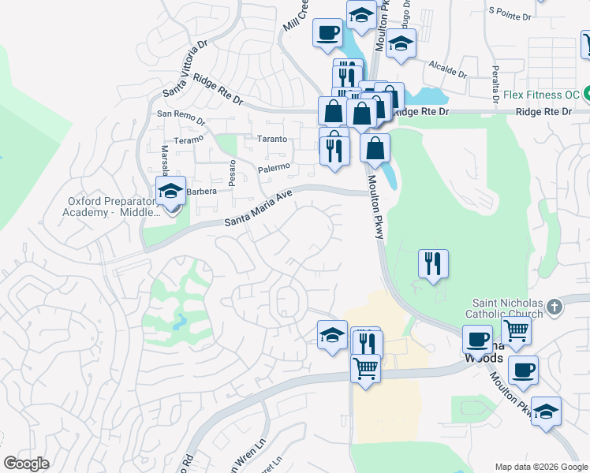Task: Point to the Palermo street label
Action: [274, 167]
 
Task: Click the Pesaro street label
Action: [232, 173]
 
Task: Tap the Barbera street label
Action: [200, 190]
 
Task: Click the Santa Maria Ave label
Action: [259, 209]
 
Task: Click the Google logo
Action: [27, 464]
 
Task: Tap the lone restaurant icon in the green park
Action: [432, 263]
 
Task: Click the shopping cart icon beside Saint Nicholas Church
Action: [516, 331]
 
